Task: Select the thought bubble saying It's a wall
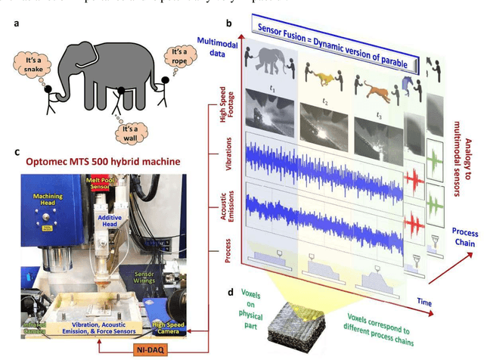(x=133, y=133)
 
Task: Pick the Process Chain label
(x=464, y=236)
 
